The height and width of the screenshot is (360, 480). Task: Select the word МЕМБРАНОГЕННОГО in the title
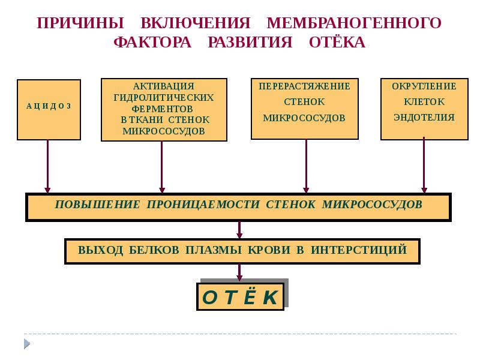354,23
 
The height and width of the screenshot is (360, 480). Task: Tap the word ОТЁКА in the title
337,43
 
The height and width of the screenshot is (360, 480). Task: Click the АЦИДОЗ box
49,106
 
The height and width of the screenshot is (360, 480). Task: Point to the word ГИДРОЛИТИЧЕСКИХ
164,97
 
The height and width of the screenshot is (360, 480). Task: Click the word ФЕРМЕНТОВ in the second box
164,109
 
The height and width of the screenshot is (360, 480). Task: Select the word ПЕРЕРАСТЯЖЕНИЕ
304,86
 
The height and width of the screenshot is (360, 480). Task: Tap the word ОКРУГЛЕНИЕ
424,86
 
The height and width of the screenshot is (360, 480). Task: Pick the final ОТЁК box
239,296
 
